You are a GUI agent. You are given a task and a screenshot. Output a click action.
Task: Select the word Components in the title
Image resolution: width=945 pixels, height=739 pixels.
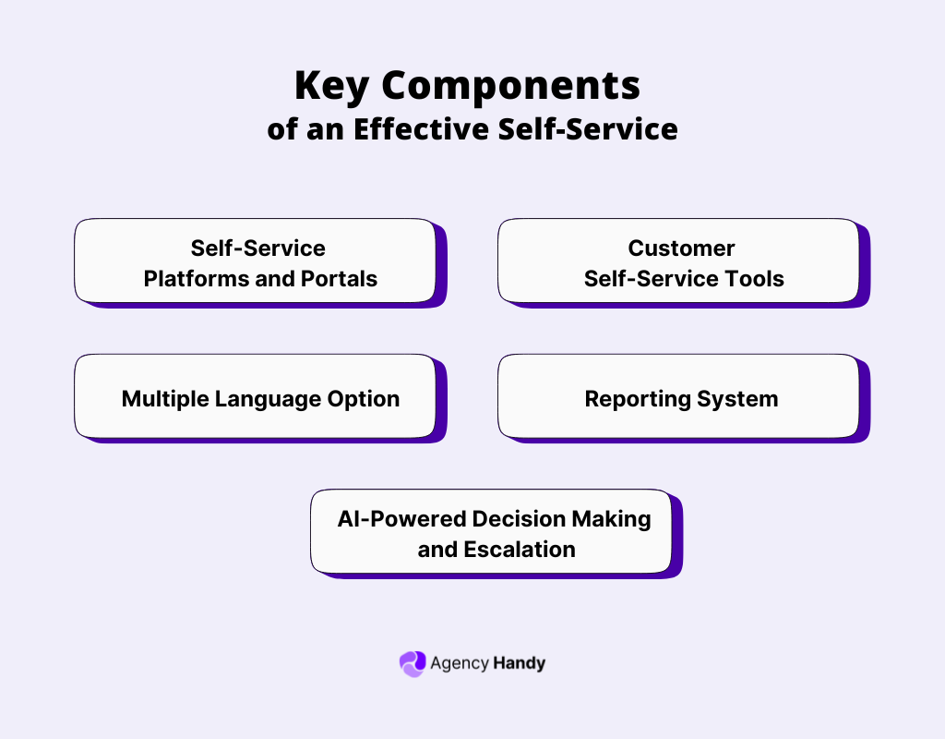point(511,86)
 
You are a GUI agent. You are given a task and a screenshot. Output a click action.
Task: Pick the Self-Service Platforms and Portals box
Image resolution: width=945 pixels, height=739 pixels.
point(255,261)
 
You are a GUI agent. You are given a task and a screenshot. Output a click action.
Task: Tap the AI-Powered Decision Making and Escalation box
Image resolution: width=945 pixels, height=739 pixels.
point(491,532)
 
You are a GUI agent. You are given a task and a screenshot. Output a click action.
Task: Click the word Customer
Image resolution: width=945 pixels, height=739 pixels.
point(681,248)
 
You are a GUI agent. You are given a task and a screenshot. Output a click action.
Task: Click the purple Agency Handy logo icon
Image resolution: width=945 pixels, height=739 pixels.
point(412,663)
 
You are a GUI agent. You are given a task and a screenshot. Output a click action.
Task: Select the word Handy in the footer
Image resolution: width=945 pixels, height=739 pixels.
point(520,663)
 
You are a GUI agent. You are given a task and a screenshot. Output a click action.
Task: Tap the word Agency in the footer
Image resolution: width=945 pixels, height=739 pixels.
point(460,663)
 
